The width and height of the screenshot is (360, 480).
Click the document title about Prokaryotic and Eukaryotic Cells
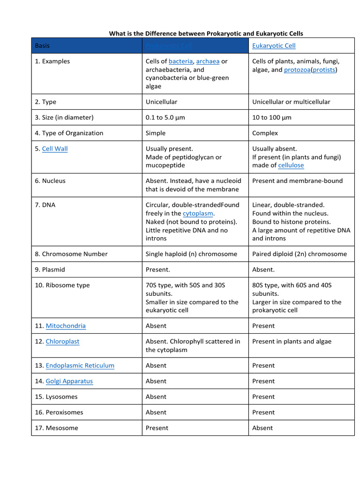point(206,33)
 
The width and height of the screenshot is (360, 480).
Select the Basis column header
point(42,46)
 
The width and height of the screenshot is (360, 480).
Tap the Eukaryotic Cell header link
point(274,46)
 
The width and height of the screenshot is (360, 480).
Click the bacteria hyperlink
point(180,61)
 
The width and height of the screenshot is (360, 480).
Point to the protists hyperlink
point(324,70)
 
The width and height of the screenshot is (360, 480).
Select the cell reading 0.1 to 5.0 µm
point(165,118)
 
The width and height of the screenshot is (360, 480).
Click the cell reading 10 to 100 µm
point(271,118)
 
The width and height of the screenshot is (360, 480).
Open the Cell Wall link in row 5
point(55,149)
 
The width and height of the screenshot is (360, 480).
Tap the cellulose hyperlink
point(291,165)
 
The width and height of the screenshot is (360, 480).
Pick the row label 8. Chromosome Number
point(71,254)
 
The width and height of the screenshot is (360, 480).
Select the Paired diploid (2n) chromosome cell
point(300,254)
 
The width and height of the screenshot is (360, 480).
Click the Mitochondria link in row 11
point(66,326)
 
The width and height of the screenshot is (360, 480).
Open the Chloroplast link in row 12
point(62,342)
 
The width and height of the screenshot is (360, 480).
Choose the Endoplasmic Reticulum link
point(80,366)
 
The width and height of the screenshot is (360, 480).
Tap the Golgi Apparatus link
point(69,382)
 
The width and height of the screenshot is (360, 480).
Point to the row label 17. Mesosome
point(56,428)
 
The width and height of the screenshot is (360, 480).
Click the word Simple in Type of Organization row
point(156,133)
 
